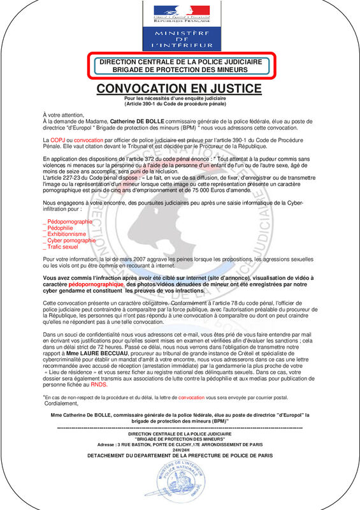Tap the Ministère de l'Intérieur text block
click(179, 38)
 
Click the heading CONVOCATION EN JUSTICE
click(180, 88)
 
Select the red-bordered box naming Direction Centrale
click(180, 65)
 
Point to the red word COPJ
click(57, 139)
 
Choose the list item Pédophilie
click(59, 228)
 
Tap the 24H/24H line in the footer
click(179, 450)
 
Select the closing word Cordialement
click(62, 404)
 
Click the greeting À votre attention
click(63, 113)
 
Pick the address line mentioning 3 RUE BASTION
click(179, 444)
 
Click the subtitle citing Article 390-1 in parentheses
click(179, 103)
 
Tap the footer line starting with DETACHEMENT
click(179, 456)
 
